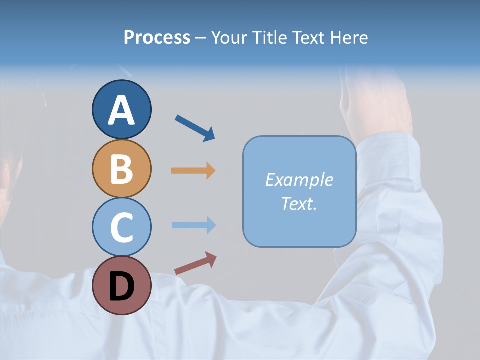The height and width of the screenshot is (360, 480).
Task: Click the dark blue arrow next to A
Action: (x=195, y=128)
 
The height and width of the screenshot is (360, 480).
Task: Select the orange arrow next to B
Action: (x=193, y=171)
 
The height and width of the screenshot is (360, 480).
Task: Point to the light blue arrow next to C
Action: (x=193, y=225)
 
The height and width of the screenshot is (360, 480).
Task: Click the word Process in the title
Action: (x=157, y=37)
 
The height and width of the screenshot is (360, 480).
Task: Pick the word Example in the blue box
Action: (x=299, y=180)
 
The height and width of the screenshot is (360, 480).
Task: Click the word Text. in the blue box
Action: (x=299, y=203)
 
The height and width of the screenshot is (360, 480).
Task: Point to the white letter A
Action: (x=121, y=110)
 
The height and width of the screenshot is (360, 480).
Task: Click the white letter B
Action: (x=121, y=168)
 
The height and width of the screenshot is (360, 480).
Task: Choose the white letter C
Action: (x=121, y=227)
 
